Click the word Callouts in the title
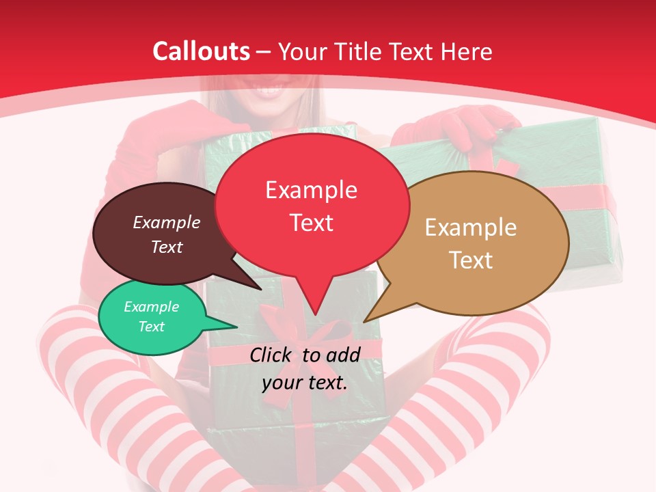point(201,51)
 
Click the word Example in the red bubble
point(312,189)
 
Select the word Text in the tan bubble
point(471,260)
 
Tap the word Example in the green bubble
point(151,307)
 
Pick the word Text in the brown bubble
point(167,247)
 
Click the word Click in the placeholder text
point(273,355)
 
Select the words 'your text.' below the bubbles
point(305,383)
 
